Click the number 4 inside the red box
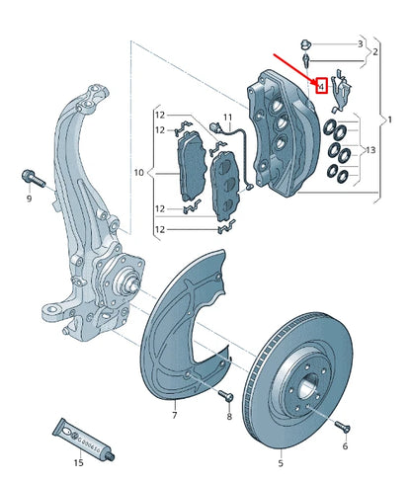point(321,86)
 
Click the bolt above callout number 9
point(29,180)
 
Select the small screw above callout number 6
point(342,426)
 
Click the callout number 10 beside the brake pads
point(138,173)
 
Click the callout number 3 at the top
point(359,44)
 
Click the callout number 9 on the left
point(29,201)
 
